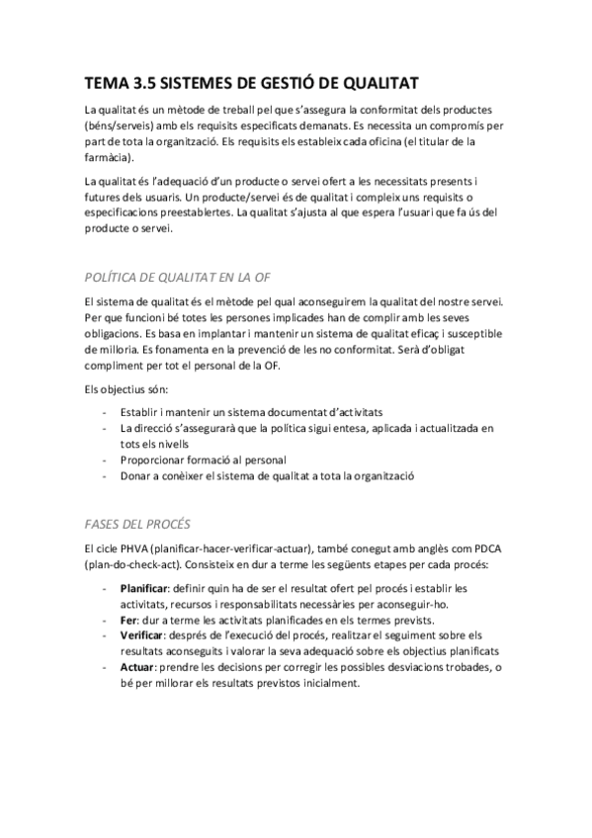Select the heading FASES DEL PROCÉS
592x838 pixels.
click(x=137, y=523)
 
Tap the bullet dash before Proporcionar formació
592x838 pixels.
click(x=105, y=460)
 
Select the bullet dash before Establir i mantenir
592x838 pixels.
click(x=105, y=411)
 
